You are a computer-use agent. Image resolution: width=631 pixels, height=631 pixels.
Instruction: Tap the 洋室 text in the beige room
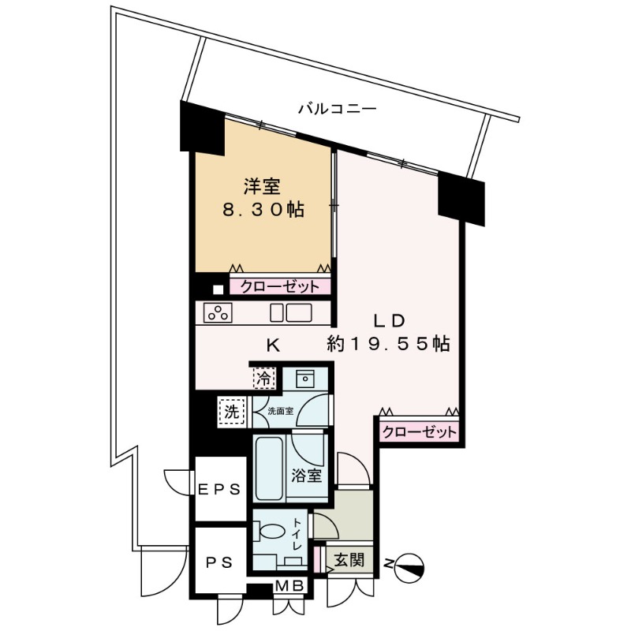coord(263,188)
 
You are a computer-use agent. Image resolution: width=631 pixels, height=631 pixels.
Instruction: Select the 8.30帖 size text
coord(263,211)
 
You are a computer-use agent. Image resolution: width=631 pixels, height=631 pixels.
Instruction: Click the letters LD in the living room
coord(389,321)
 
